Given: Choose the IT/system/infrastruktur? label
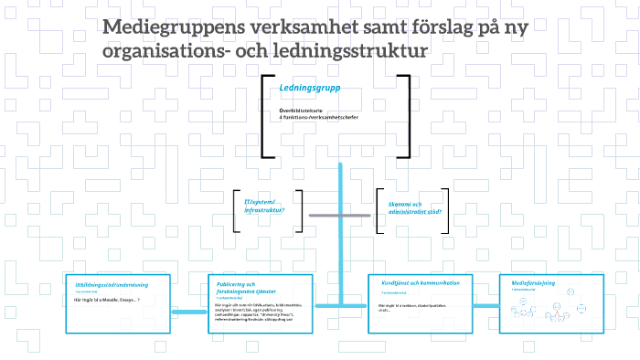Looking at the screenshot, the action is click(264, 206).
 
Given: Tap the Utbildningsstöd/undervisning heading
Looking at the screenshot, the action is click(112, 285).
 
